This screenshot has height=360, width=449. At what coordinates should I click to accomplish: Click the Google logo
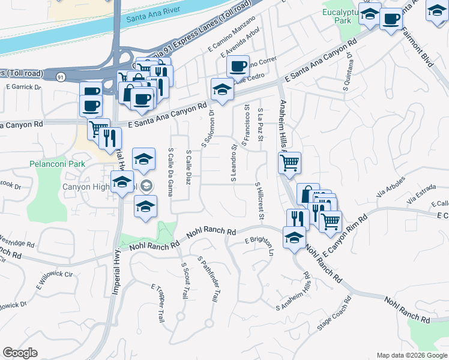[20, 353]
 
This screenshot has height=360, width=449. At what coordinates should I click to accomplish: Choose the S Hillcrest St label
[259, 202]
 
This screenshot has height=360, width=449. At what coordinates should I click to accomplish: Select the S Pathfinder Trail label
[208, 281]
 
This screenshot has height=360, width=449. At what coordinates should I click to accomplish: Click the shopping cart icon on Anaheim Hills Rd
[290, 162]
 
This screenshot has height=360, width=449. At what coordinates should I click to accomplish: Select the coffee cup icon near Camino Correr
[238, 65]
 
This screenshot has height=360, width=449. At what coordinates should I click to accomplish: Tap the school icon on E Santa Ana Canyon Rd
[222, 90]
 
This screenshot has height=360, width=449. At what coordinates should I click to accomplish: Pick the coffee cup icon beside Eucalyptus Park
[391, 19]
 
